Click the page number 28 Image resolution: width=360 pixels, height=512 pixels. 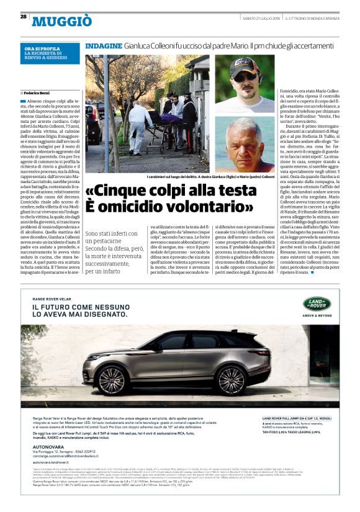point(24,17)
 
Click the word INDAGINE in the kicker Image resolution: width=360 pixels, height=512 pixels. point(103,47)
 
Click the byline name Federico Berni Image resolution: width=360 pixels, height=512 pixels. point(40,92)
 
